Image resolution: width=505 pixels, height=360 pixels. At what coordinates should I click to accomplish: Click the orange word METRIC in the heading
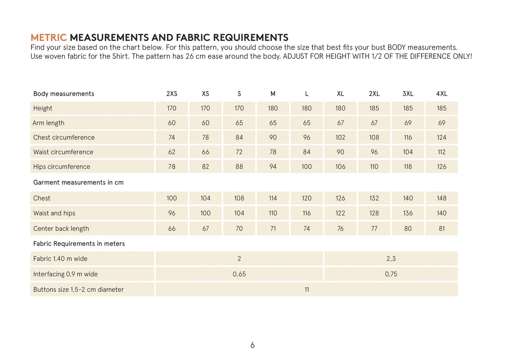[49, 37]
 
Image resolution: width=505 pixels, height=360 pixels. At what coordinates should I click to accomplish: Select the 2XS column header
[172, 94]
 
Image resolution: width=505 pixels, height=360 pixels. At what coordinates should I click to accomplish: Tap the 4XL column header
[441, 94]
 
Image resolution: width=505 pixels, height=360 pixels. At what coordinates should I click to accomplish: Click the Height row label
[43, 108]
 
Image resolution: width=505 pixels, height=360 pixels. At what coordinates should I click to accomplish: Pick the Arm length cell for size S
[239, 123]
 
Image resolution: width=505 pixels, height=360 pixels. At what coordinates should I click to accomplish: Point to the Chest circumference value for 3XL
[408, 137]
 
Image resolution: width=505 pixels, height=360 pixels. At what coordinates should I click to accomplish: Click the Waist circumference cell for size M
[273, 152]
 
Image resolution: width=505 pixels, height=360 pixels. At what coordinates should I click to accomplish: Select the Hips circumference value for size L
[306, 167]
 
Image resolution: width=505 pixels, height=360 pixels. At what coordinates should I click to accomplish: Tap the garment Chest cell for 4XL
[441, 198]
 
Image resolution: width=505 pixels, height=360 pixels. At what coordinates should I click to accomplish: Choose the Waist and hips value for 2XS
[172, 213]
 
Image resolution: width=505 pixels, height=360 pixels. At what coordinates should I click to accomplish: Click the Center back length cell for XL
[340, 229]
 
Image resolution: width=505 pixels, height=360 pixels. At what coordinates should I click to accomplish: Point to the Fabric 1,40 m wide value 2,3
[391, 259]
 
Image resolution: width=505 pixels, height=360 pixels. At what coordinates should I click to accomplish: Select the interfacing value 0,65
[239, 274]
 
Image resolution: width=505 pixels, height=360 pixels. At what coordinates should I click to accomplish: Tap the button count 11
[306, 289]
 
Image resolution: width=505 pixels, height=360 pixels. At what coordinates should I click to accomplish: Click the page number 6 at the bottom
[252, 345]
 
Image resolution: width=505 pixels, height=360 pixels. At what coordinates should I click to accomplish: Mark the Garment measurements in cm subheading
[78, 182]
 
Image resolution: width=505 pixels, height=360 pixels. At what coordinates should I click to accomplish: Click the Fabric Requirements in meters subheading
[79, 244]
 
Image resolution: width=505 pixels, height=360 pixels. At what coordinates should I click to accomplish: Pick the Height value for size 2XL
[374, 108]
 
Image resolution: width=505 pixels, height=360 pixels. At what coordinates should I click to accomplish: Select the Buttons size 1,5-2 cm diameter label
[78, 289]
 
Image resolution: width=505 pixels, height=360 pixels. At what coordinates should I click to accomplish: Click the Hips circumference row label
[62, 167]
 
